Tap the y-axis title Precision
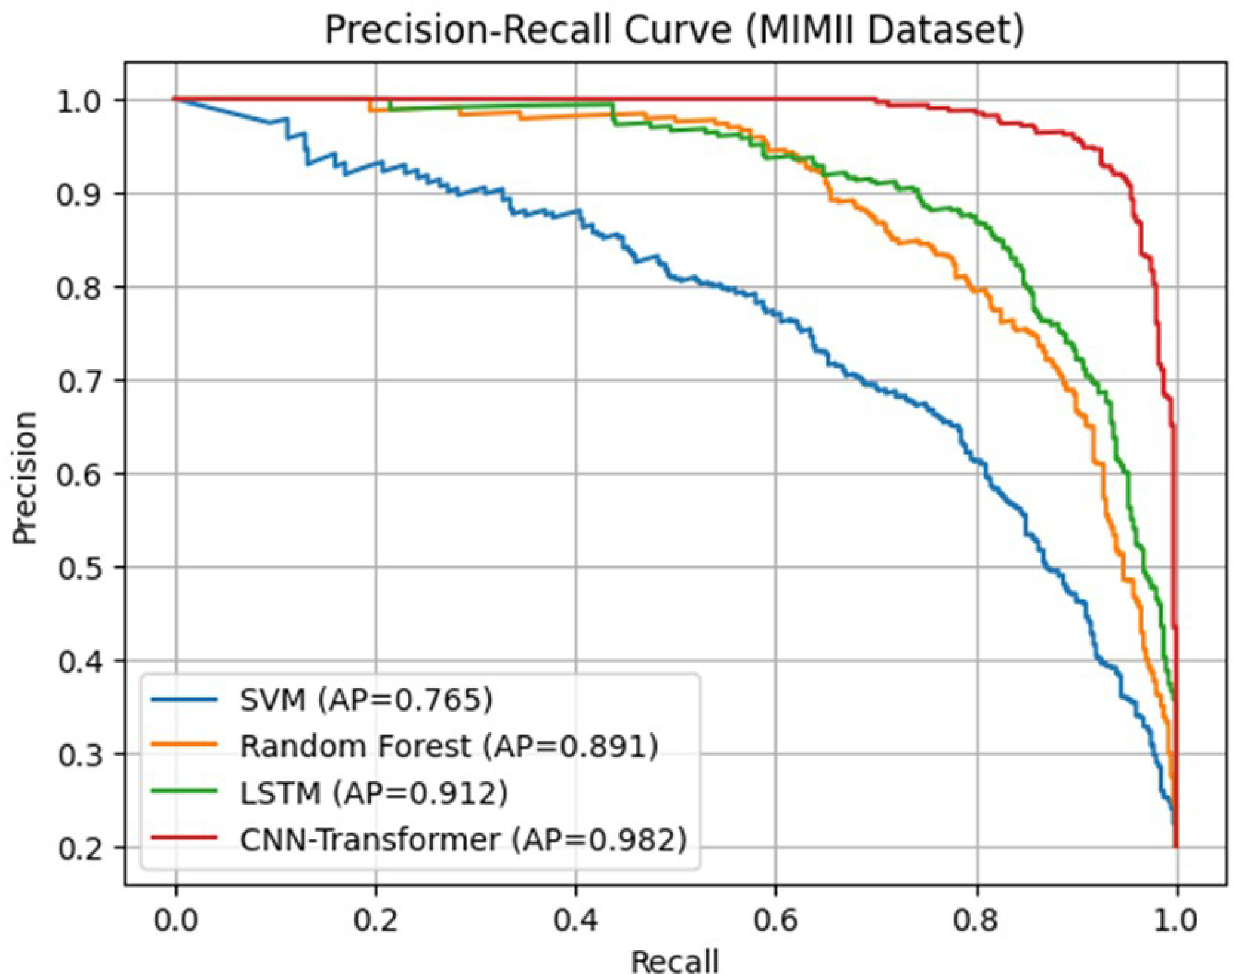25,478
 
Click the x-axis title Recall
675,961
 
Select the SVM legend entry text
366,699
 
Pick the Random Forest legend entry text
449,745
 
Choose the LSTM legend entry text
374,792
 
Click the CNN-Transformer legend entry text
464,839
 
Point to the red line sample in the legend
184,837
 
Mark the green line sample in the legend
184,791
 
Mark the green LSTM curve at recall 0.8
977,219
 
